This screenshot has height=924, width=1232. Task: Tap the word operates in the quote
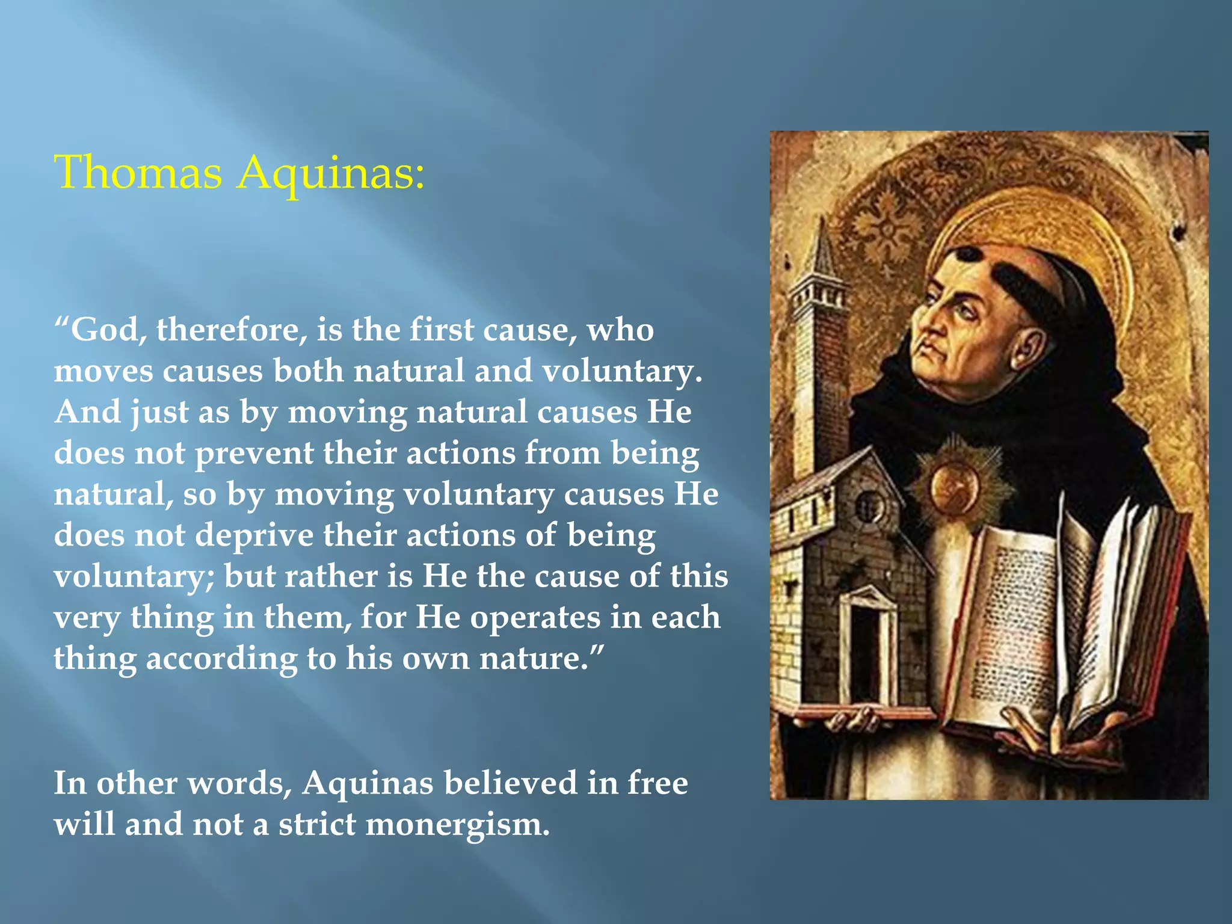(x=535, y=618)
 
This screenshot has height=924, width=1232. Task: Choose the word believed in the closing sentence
(x=510, y=783)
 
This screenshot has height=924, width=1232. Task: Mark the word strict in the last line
(x=316, y=825)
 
